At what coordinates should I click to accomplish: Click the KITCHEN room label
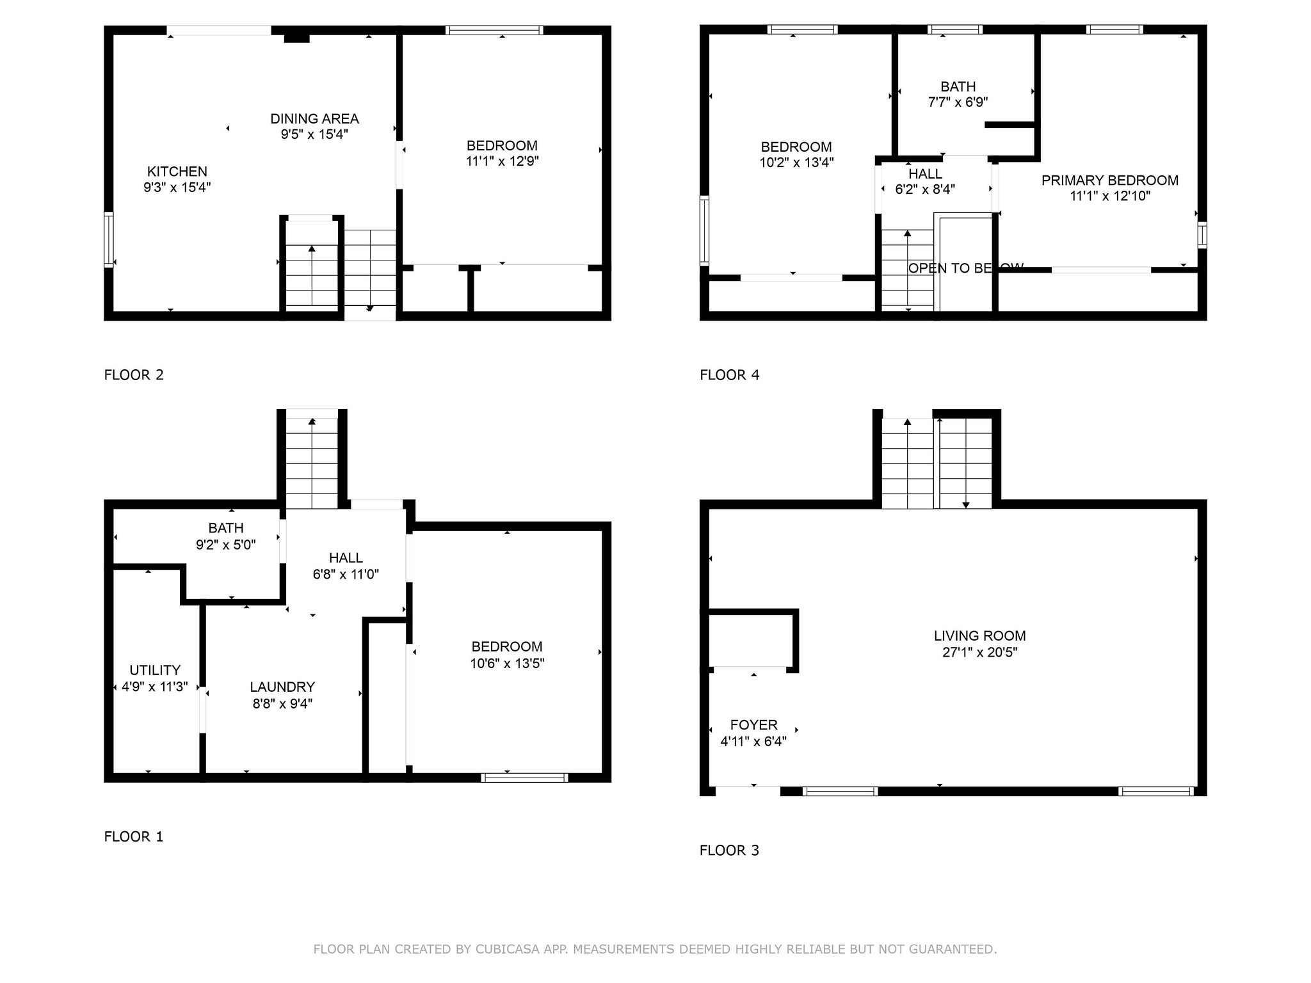click(177, 172)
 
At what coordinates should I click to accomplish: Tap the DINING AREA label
click(314, 118)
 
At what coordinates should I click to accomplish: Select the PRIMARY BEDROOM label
click(1110, 180)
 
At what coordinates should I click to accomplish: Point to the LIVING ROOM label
click(979, 635)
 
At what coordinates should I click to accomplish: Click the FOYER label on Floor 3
click(754, 724)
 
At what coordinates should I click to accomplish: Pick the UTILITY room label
click(155, 670)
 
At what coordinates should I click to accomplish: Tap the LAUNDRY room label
click(282, 687)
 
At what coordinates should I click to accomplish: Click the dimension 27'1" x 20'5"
click(979, 652)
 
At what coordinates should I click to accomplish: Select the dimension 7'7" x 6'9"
click(958, 102)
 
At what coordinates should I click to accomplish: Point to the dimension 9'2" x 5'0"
click(226, 545)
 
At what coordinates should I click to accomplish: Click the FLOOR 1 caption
click(134, 836)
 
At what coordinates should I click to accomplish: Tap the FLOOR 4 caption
click(730, 375)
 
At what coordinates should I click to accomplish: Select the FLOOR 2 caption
click(134, 375)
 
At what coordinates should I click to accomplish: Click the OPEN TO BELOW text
click(966, 268)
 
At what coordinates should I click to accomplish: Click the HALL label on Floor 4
click(925, 173)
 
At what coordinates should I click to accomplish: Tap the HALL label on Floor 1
click(346, 557)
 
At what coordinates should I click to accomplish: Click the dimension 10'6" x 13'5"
click(507, 663)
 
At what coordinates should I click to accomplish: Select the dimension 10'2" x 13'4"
click(796, 163)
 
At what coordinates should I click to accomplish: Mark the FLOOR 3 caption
click(729, 851)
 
